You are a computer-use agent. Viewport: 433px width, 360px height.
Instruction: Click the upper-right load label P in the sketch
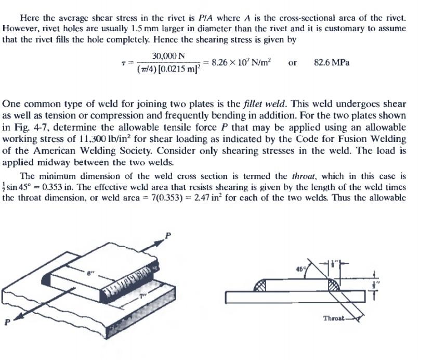coord(167,236)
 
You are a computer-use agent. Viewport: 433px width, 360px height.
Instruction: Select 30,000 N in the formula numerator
coord(170,56)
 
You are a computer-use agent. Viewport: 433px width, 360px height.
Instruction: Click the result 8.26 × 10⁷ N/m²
coord(240,62)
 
